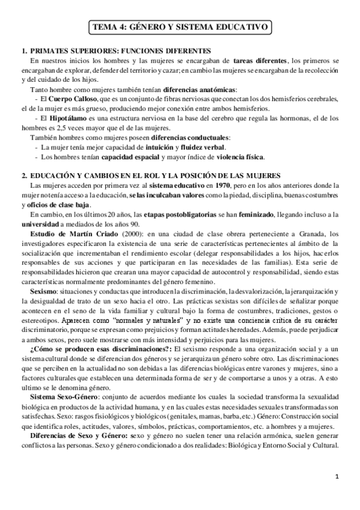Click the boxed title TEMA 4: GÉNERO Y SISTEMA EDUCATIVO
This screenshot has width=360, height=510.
coord(180,27)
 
